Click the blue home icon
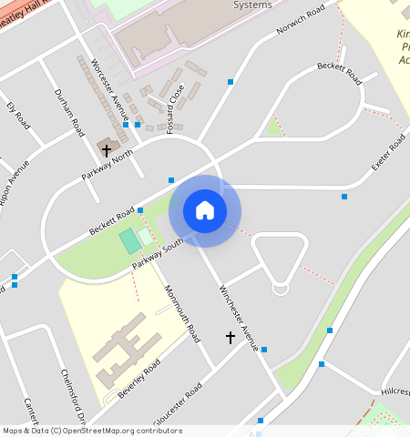pyautogui.click(x=205, y=210)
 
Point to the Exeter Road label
pyautogui.click(x=387, y=156)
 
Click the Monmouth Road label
pyautogui.click(x=181, y=314)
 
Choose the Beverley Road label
pyautogui.click(x=138, y=377)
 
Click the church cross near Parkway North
pyautogui.click(x=107, y=150)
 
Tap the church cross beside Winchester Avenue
pyautogui.click(x=231, y=338)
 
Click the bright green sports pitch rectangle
pyautogui.click(x=130, y=241)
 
